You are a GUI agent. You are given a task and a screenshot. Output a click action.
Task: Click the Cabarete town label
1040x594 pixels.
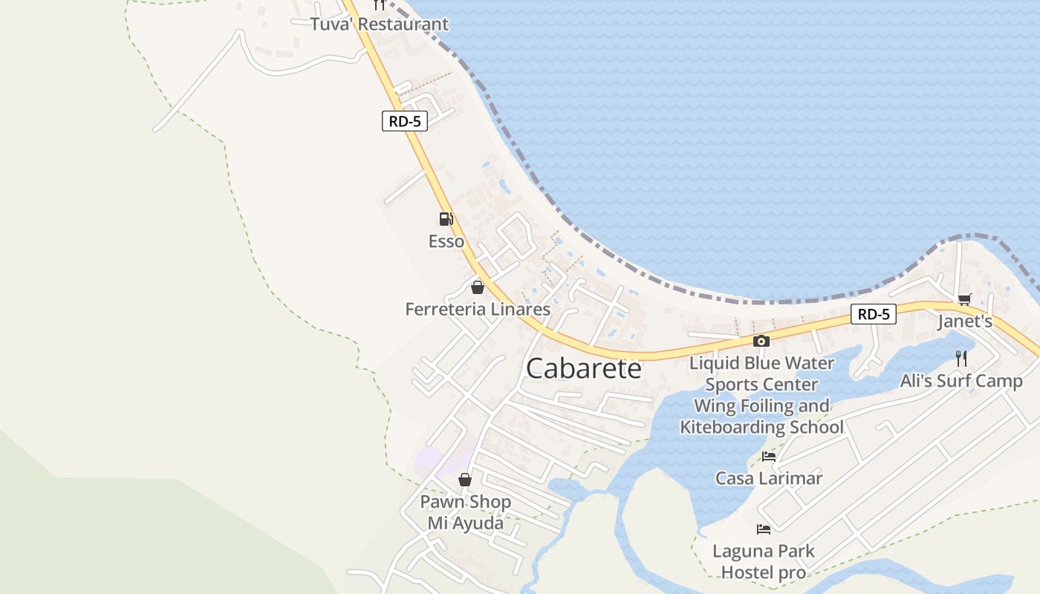pos(583,368)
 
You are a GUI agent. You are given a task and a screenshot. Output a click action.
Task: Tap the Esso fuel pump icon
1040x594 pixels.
pos(446,219)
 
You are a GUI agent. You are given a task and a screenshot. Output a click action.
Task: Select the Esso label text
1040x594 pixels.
pos(446,241)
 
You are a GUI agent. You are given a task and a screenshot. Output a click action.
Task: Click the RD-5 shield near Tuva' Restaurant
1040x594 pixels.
pos(405,121)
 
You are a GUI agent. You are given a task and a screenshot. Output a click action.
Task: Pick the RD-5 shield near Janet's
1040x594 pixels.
pos(874,314)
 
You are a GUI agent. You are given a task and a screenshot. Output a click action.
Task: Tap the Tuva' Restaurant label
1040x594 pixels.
pos(380,24)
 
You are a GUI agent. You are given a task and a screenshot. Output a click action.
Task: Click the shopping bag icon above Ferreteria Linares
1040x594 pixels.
pos(478,287)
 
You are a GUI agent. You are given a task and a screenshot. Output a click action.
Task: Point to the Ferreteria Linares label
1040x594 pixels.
pos(478,309)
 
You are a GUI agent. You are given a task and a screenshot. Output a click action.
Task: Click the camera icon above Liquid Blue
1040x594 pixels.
pos(761,342)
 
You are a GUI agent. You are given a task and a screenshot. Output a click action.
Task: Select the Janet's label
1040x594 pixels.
pos(965,322)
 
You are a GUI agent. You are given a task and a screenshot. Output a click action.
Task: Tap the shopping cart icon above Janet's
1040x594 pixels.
pos(964,299)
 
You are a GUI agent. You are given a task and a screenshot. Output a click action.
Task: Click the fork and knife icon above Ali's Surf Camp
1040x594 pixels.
pos(961,359)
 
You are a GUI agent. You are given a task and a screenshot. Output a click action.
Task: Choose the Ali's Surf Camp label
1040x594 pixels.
pos(961,381)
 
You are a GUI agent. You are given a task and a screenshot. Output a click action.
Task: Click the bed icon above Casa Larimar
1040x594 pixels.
pos(769,457)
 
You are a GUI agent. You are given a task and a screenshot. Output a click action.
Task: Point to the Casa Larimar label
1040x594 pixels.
pos(769,478)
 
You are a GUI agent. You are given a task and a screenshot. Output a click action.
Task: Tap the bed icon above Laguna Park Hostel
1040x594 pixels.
pos(764,529)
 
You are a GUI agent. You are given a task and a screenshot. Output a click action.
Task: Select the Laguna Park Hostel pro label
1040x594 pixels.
pos(764,562)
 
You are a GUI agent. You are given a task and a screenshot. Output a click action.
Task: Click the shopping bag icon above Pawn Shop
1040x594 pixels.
pos(465,480)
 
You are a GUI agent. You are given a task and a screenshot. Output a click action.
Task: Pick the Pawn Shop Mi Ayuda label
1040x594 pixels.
pos(466,512)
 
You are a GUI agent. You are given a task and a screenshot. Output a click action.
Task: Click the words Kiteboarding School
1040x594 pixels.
pos(762,427)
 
